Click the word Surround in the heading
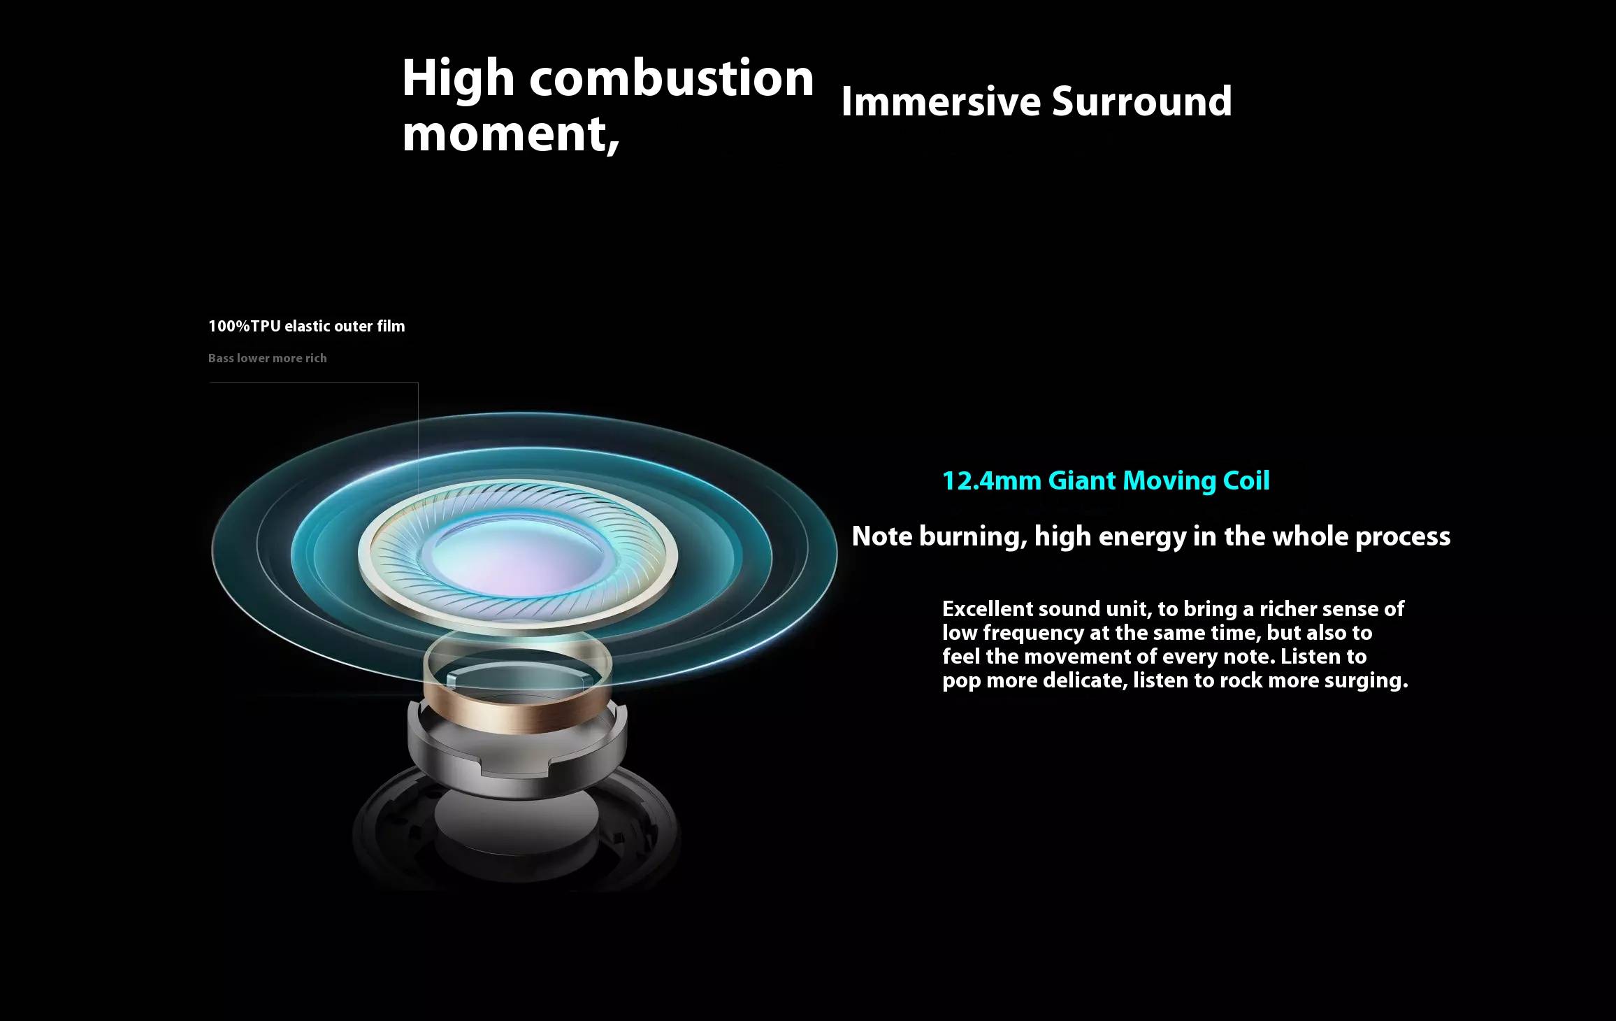point(1142,101)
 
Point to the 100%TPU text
point(244,326)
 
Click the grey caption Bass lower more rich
point(268,358)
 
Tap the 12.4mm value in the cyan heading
point(992,480)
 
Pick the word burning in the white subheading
point(973,536)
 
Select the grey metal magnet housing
point(518,752)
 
